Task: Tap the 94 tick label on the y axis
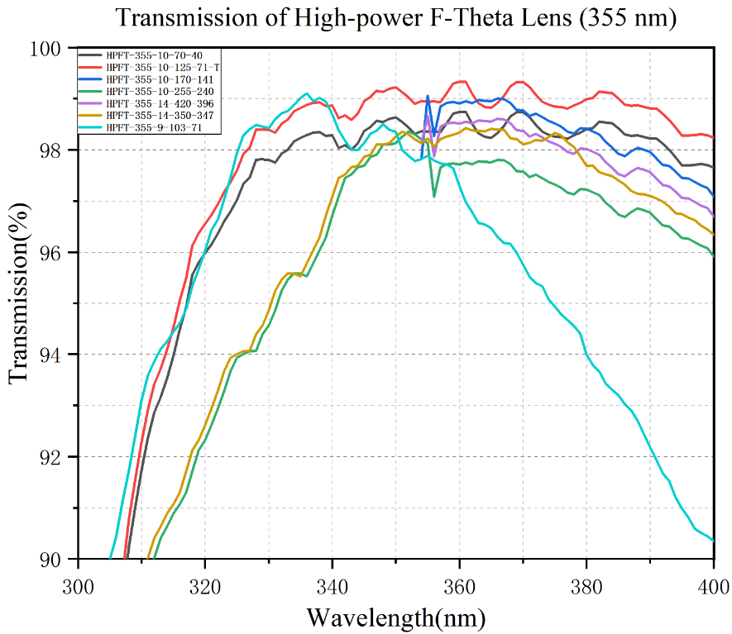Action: pos(53,355)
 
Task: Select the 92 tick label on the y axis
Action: pos(53,457)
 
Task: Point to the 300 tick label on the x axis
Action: pos(78,585)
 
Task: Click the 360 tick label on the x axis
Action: pos(459,585)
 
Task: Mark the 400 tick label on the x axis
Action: pos(713,585)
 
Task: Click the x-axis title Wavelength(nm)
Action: pos(396,616)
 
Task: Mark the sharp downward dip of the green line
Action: pos(434,196)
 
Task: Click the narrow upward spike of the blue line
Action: pos(428,96)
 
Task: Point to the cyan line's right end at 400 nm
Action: pos(713,540)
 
